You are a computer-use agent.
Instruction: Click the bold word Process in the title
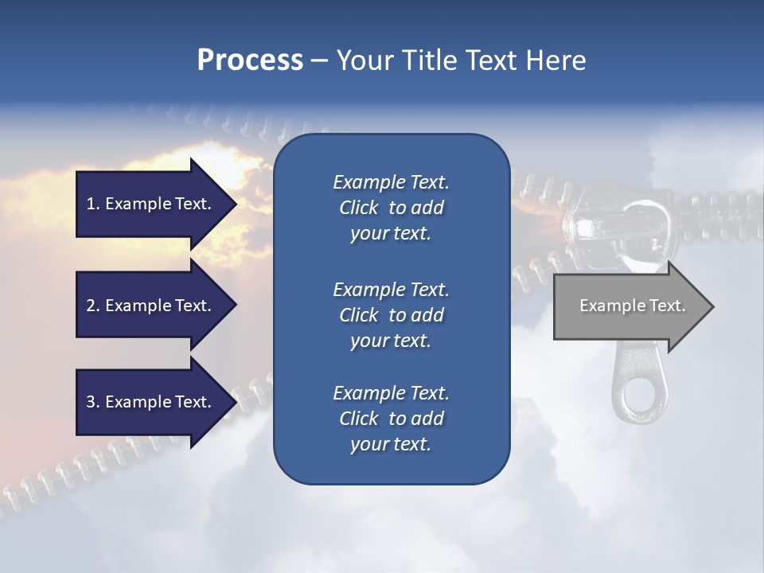point(250,60)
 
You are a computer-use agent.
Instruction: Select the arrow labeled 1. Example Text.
point(151,204)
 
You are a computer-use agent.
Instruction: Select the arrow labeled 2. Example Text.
point(151,306)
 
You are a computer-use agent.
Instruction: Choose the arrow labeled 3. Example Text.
point(151,402)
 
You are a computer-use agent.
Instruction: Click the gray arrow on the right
point(629,306)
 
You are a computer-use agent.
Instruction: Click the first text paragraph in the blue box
point(391,208)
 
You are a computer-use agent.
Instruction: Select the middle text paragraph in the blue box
point(391,315)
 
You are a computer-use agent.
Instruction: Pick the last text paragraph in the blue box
point(391,419)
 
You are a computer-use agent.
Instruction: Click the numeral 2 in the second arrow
point(91,306)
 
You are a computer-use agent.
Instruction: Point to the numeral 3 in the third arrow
point(91,402)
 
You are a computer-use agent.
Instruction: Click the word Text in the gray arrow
point(666,306)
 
